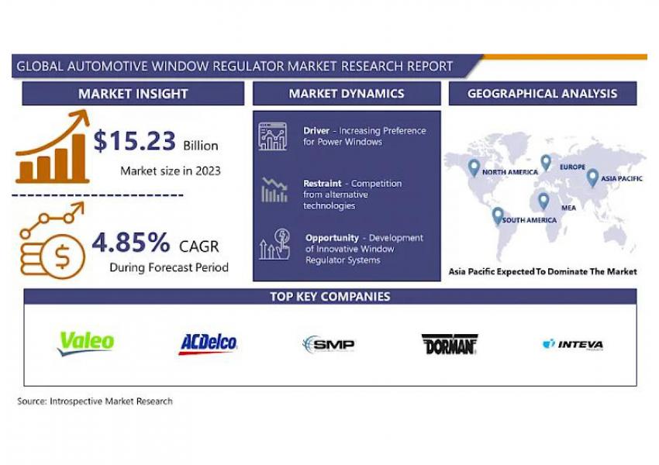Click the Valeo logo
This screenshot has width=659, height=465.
pyautogui.click(x=86, y=343)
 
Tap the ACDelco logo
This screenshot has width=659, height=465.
pyautogui.click(x=208, y=344)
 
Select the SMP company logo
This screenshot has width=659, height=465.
pyautogui.click(x=329, y=344)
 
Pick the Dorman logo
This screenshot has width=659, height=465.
pyautogui.click(x=450, y=344)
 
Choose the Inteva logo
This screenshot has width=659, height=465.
pyautogui.click(x=573, y=344)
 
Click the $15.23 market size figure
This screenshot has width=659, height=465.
pyautogui.click(x=134, y=141)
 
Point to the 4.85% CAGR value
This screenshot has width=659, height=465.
pyautogui.click(x=131, y=243)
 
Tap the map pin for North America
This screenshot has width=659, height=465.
pyautogui.click(x=474, y=168)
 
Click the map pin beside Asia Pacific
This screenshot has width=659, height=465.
pyautogui.click(x=592, y=178)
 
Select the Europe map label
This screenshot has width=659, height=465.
pyautogui.click(x=572, y=167)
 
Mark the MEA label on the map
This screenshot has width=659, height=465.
pyautogui.click(x=568, y=208)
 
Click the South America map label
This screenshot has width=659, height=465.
pyautogui.click(x=529, y=220)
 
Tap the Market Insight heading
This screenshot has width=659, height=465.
pyautogui.click(x=133, y=94)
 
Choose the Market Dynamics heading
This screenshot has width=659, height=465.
pyautogui.click(x=347, y=93)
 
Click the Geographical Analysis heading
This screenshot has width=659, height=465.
pyautogui.click(x=542, y=93)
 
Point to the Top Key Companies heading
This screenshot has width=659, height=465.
pyautogui.click(x=330, y=297)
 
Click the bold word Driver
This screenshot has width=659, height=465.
pyautogui.click(x=316, y=131)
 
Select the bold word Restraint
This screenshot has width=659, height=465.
pyautogui.click(x=323, y=184)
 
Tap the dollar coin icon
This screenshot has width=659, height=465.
pyautogui.click(x=63, y=257)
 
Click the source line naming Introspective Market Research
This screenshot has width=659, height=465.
pyautogui.click(x=95, y=401)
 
